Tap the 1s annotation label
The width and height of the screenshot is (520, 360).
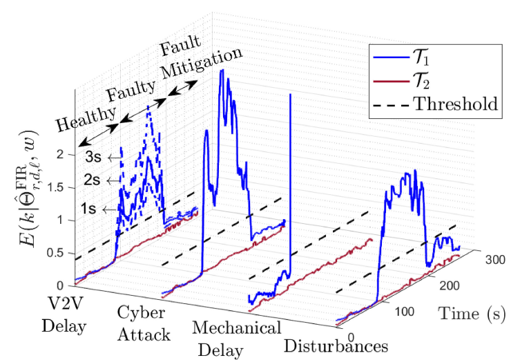click(x=89, y=208)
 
